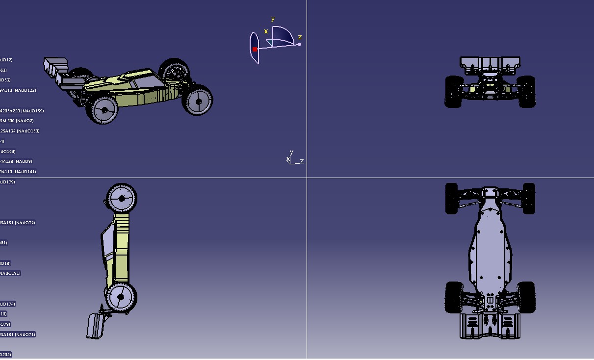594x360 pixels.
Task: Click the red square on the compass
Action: (255, 49)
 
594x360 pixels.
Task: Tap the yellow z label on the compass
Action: (300, 37)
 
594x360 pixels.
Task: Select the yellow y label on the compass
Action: (273, 19)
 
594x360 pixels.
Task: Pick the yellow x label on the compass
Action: (266, 31)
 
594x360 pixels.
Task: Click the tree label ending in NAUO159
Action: (22, 111)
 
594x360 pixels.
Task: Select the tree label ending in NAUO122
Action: (18, 90)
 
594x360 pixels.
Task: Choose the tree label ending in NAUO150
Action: (20, 131)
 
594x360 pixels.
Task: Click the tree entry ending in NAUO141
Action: (18, 172)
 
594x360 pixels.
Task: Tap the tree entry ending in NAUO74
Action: (17, 223)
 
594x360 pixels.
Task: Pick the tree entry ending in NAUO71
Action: (17, 334)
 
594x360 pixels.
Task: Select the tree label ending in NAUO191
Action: (10, 273)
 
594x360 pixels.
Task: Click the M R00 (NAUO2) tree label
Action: (17, 121)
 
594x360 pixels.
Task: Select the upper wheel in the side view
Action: (121, 198)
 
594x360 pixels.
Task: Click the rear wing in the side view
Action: (95, 325)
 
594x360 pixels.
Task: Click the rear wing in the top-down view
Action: (490, 326)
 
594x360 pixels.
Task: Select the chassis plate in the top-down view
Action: (490, 245)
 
